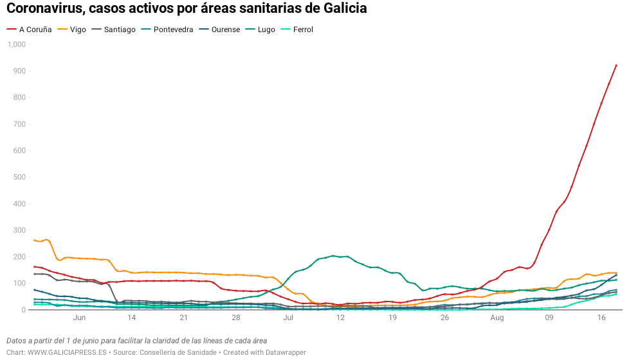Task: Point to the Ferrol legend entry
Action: point(302,30)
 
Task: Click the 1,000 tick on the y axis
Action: point(16,44)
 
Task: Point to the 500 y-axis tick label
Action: point(19,177)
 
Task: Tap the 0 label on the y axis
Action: point(23,310)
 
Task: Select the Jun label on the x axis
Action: point(80,318)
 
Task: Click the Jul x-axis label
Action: point(288,318)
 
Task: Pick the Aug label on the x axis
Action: point(497,318)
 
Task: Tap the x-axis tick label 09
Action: point(549,318)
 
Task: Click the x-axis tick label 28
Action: point(235,318)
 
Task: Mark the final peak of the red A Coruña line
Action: point(616,65)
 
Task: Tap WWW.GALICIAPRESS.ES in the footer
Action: point(67,352)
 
